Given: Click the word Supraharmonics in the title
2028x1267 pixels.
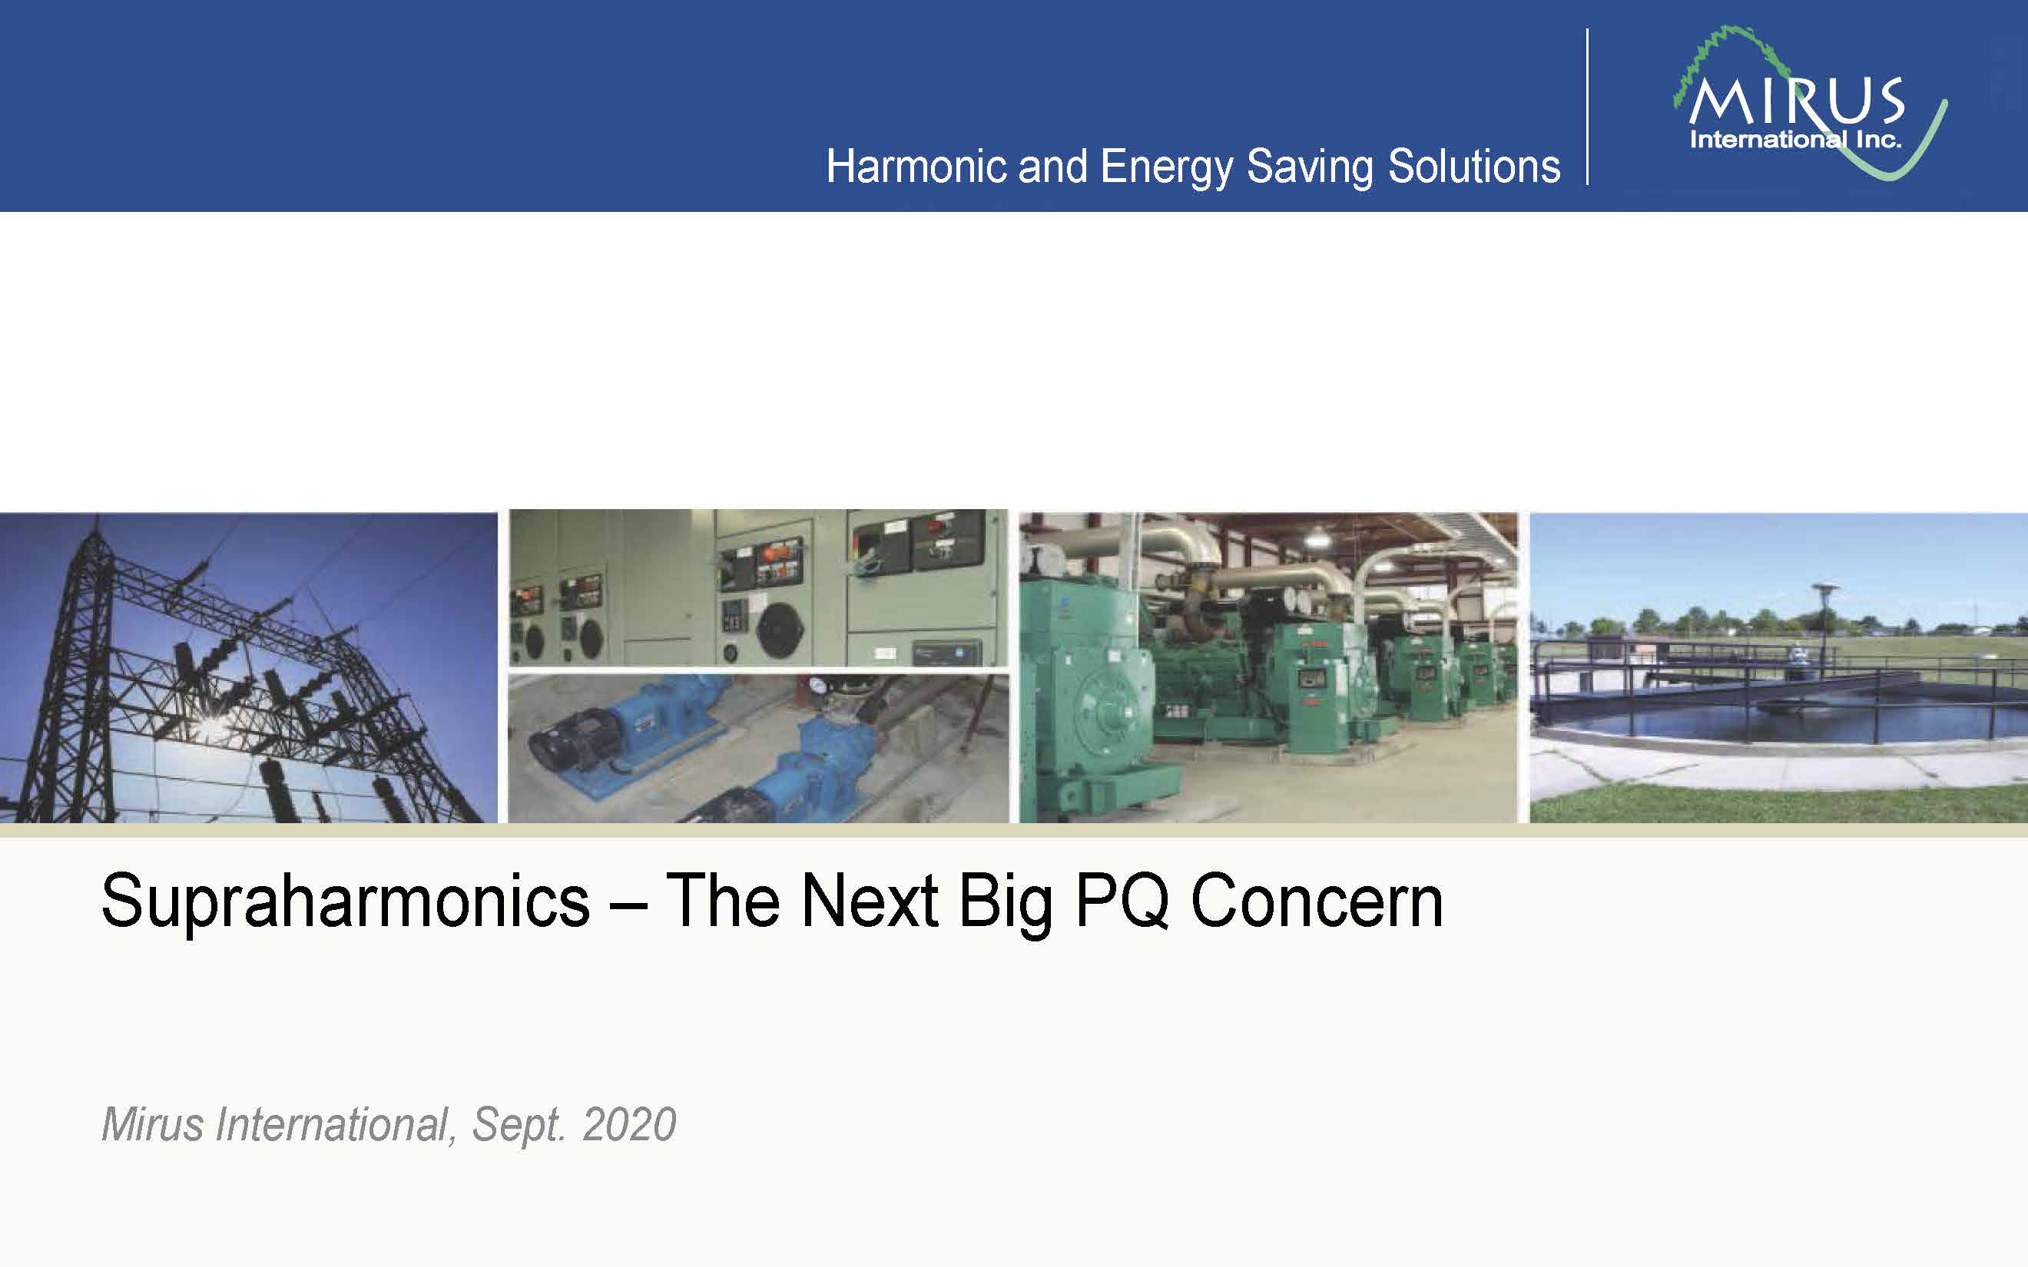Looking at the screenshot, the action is (345, 901).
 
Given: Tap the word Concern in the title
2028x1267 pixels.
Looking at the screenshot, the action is (1317, 901).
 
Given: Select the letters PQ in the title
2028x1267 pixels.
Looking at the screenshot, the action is (1122, 901).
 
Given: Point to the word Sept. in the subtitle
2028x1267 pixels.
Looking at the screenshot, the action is (519, 1126).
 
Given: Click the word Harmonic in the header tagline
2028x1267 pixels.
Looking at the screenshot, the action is (916, 166).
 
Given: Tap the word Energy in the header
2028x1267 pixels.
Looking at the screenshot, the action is (1167, 167).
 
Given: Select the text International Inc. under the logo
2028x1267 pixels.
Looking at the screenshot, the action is (1795, 139).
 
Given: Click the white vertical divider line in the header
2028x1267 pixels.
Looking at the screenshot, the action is (1587, 107).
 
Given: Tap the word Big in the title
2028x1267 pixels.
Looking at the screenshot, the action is (1006, 903).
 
